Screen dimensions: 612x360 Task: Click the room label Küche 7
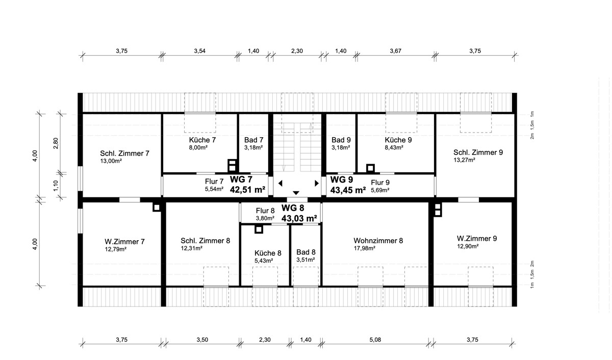(x=202, y=140)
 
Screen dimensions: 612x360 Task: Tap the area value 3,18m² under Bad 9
(x=341, y=147)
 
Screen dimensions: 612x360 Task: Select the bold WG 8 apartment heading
(x=293, y=208)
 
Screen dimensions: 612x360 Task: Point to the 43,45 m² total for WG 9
(x=348, y=190)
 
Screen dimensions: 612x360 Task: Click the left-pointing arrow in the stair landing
(x=280, y=183)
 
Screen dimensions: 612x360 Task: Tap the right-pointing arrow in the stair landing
(x=317, y=183)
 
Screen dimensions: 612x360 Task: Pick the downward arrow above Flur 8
(x=296, y=193)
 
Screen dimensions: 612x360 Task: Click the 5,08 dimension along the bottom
(x=375, y=340)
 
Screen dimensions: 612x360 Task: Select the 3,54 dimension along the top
(x=199, y=51)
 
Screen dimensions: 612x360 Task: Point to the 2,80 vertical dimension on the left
(x=56, y=143)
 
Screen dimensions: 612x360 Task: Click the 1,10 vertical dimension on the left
(x=56, y=186)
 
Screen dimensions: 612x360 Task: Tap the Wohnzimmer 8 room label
(x=378, y=241)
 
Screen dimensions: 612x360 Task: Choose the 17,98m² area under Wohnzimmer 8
(x=365, y=248)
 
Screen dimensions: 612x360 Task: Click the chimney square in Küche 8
(x=259, y=229)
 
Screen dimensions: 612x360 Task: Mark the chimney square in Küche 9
(x=370, y=168)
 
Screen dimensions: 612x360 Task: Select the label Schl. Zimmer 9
(x=478, y=152)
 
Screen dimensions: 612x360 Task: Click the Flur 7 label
(x=214, y=182)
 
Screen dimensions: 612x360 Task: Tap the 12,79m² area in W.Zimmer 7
(x=116, y=249)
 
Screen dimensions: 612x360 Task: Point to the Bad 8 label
(x=306, y=252)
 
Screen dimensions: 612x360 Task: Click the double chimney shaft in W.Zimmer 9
(x=438, y=210)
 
